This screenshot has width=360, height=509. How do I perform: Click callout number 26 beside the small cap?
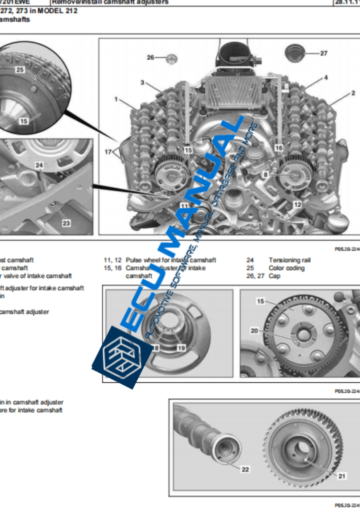point(151,57)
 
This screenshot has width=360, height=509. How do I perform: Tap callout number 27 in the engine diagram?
point(324,53)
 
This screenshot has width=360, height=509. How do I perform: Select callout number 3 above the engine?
point(142,83)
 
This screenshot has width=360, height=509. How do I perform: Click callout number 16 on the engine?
point(278,148)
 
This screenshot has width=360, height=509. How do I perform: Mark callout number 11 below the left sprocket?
point(184,205)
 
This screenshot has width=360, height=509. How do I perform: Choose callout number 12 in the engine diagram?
point(297,204)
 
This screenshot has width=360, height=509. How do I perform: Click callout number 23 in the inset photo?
point(66,223)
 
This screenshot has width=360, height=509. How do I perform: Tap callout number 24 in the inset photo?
point(39,165)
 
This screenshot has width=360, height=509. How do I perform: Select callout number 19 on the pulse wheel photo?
point(180,348)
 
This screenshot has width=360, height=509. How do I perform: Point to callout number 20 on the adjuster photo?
point(254,330)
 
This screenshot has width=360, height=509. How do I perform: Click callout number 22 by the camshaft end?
point(245,469)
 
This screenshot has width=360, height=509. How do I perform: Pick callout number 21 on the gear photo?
point(342,476)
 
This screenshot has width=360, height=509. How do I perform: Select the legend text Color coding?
point(286,268)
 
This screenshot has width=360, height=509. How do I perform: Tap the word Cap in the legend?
point(274,276)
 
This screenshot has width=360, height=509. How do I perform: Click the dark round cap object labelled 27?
point(295,52)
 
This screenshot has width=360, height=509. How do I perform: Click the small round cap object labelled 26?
point(171,58)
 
